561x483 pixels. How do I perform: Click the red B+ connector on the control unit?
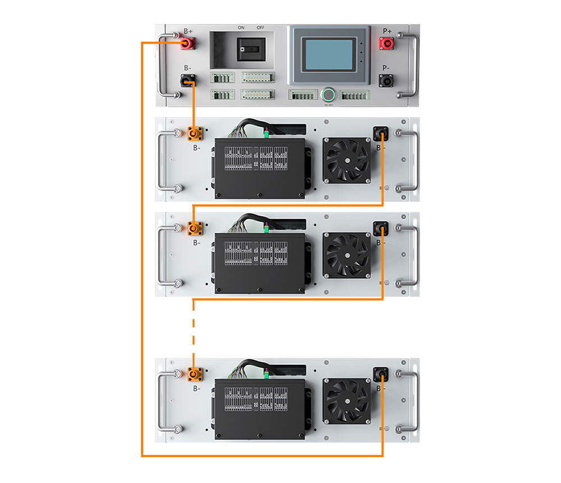[x=187, y=44]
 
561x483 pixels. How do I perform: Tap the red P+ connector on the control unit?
[x=386, y=44]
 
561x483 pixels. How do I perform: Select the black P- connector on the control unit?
[x=386, y=81]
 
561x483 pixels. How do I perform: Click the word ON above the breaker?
[x=241, y=27]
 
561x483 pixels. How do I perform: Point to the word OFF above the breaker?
[x=260, y=27]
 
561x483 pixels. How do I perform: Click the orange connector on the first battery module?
[x=194, y=134]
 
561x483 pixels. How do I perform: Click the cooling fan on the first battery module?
[x=346, y=160]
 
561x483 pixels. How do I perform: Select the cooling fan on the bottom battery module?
[x=346, y=400]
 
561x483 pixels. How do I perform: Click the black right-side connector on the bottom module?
[x=381, y=374]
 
